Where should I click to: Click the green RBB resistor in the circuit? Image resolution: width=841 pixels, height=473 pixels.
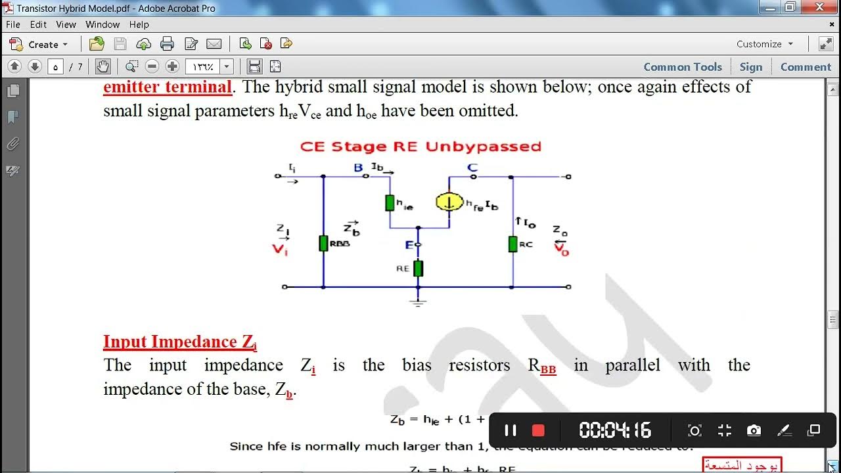point(323,243)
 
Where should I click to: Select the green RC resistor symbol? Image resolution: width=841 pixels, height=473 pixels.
point(512,244)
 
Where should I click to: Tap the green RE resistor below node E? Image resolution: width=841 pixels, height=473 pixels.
point(418,268)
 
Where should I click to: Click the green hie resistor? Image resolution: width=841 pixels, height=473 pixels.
point(390,202)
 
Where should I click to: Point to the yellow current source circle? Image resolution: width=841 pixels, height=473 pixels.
point(449,202)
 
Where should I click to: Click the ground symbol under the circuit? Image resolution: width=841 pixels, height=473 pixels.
point(418,302)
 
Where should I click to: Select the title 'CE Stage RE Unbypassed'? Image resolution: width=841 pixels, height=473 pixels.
point(420,146)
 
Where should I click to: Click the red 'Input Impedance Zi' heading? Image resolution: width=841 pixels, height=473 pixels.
point(179,342)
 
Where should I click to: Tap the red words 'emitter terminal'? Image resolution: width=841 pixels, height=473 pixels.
point(168,87)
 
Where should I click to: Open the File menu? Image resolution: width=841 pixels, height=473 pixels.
point(13,24)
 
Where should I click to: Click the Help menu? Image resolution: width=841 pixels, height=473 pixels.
point(139,24)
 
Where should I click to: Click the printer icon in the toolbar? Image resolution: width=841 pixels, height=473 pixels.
point(168,44)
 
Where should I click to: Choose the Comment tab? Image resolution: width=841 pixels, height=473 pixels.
point(806,67)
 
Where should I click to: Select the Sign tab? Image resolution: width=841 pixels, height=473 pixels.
point(751,67)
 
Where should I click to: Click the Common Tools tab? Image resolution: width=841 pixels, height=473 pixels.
point(683,67)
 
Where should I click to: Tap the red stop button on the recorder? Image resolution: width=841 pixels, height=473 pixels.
point(538,430)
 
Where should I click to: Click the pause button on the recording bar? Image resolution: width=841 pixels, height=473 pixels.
point(510,430)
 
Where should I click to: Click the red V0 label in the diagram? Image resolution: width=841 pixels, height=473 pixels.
point(561,250)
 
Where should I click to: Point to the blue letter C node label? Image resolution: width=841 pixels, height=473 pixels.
point(472,168)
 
